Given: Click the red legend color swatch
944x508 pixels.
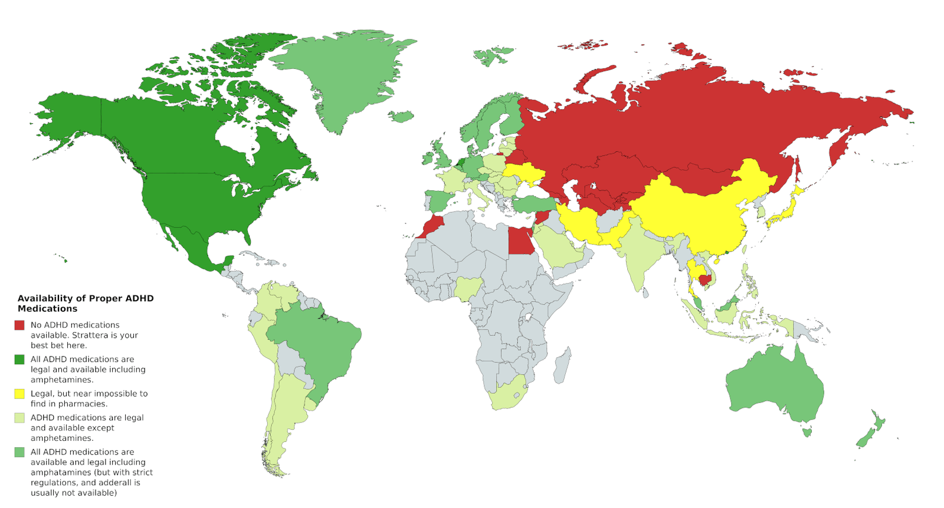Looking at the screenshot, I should coord(19,325).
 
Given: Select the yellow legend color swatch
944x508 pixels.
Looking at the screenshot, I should coord(19,394).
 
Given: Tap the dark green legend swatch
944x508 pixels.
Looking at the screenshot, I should coord(19,359).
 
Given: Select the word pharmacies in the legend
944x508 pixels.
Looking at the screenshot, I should coord(83,404).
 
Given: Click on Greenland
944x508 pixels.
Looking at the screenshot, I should coord(342,77).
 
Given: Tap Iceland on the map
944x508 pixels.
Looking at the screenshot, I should coord(402,117).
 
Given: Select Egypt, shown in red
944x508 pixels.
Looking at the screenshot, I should coord(520,242).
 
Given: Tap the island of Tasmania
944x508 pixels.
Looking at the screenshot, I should coord(807,432).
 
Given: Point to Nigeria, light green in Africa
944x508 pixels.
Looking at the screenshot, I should coord(468,288).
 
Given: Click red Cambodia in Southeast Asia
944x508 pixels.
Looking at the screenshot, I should coord(704,274).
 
